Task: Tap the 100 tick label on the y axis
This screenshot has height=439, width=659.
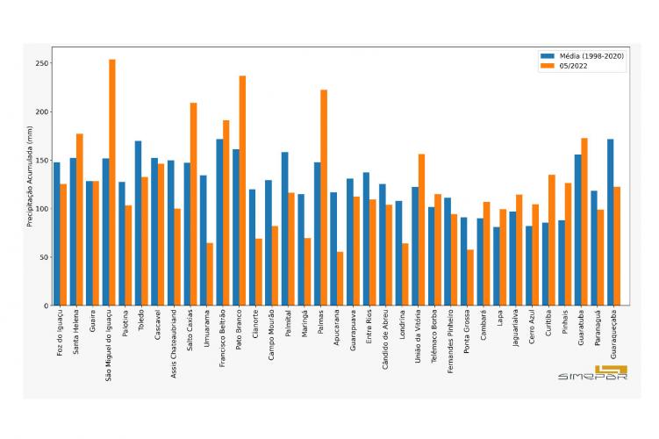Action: tap(41, 209)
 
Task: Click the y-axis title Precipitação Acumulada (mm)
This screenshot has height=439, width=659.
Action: tap(29, 176)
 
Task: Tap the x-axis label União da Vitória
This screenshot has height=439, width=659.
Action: tap(418, 338)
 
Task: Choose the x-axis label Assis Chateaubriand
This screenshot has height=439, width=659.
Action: tap(173, 343)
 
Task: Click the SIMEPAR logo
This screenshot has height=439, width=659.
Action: tap(592, 373)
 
